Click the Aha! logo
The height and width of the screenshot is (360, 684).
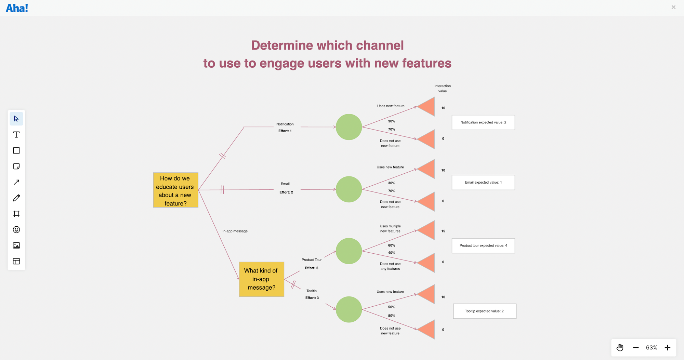coord(17,8)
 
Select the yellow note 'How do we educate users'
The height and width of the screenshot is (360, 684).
coord(175,190)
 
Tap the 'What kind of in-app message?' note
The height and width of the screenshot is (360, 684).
coord(261,279)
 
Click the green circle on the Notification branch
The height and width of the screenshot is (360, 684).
coord(348,127)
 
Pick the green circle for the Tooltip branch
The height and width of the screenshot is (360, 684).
coord(348,309)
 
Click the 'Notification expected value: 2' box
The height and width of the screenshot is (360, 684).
coord(483,122)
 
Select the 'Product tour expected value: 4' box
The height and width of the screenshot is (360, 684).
coord(483,245)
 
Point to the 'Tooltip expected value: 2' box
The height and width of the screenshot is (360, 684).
coord(484,311)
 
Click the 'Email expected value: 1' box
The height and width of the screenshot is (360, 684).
coord(483,183)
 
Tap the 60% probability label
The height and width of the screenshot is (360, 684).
coord(392,245)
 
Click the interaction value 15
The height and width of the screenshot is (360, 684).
coord(443,231)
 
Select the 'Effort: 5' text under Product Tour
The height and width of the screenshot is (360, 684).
coord(312,268)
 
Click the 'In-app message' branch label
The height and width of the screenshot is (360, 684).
coord(235,231)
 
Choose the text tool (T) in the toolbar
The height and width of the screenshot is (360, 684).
coord(16,135)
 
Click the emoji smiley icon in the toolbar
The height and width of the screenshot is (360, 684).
coord(16,230)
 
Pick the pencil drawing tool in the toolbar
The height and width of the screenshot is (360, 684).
coord(16,198)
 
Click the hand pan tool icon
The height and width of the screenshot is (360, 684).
coord(620,348)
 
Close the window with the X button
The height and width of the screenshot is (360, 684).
coord(673,7)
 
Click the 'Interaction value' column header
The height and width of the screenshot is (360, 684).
coord(443,89)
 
